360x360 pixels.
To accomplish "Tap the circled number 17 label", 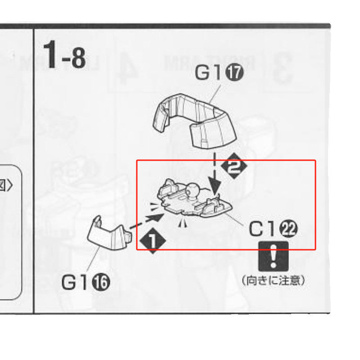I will click(234, 73).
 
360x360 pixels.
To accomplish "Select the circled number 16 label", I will click(101, 282).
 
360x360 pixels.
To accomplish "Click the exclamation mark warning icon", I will click(273, 255).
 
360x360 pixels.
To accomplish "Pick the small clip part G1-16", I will click(107, 234).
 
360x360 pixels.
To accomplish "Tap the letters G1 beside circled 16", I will click(76, 283).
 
